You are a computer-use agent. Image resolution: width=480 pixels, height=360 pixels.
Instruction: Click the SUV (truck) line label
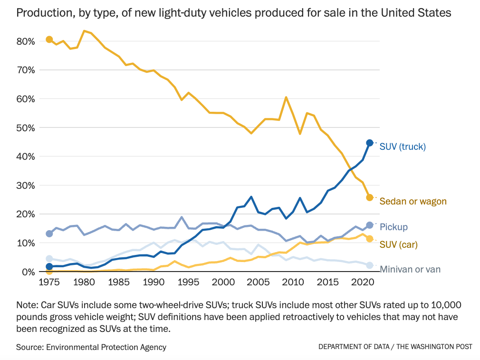[x=403, y=146]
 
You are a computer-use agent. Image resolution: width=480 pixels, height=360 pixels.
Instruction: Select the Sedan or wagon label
[x=413, y=202]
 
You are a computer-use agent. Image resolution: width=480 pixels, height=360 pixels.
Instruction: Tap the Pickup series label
[x=394, y=227]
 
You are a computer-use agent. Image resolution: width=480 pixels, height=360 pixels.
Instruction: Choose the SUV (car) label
[x=398, y=244]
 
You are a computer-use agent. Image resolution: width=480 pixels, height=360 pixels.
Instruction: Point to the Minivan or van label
[x=410, y=270]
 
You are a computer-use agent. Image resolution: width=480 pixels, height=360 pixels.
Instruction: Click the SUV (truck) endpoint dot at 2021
[x=370, y=143]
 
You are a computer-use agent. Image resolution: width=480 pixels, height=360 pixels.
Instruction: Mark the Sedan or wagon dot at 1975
[x=49, y=39]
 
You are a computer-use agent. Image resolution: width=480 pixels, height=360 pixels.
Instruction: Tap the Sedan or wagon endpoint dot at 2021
[x=370, y=197]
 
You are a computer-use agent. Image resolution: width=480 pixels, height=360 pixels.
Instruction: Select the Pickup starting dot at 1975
[x=49, y=234]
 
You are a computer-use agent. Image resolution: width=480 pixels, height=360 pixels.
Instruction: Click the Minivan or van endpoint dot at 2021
[x=370, y=265]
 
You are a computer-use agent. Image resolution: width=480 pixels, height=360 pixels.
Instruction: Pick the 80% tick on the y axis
[x=26, y=41]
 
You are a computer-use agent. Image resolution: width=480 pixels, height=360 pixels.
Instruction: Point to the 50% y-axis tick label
[x=26, y=128]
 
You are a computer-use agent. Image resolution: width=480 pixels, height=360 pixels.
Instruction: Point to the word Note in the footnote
[x=26, y=304]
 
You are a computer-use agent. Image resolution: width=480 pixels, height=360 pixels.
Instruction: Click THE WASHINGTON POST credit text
[x=434, y=347]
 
